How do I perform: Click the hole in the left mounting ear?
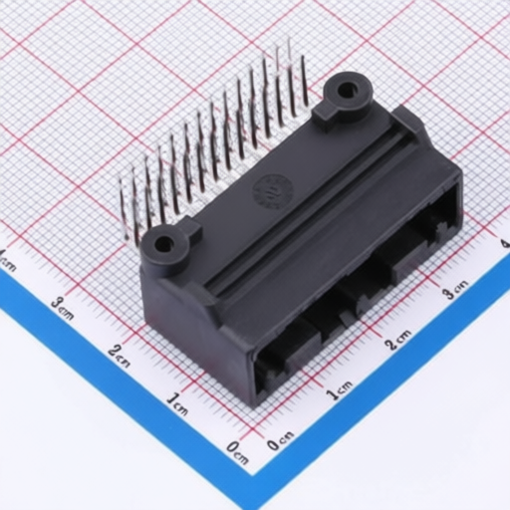pyautogui.click(x=162, y=244)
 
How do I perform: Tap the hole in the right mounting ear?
pyautogui.click(x=347, y=91)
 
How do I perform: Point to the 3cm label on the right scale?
pyautogui.click(x=455, y=290)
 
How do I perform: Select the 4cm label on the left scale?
pyautogui.click(x=8, y=261)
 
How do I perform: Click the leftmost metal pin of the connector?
pyautogui.click(x=123, y=209)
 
